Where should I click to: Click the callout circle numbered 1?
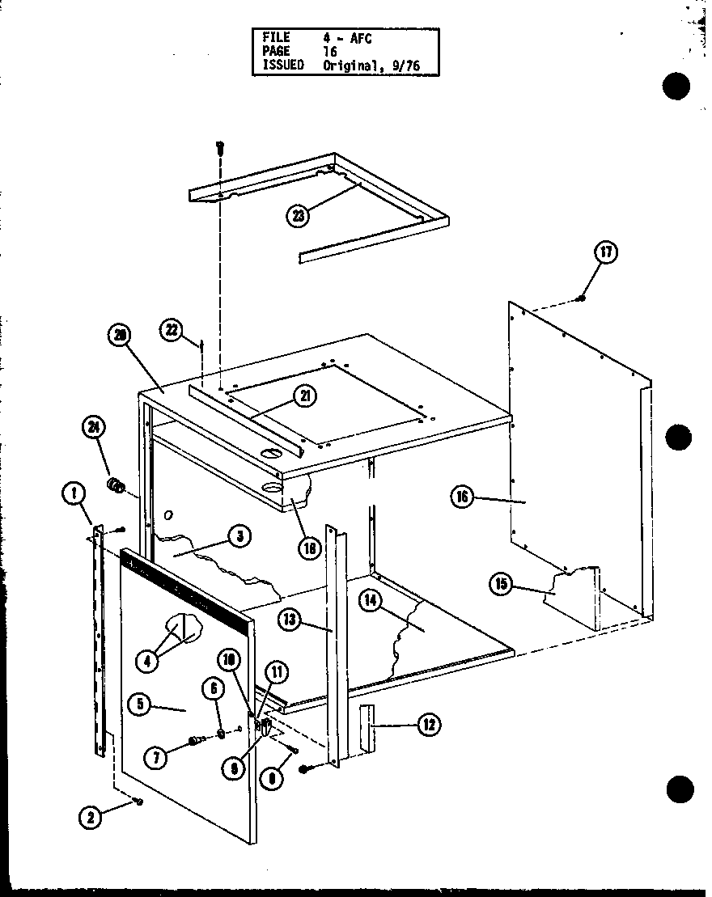(74, 493)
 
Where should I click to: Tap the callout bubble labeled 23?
(299, 215)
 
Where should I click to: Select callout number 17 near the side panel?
(606, 253)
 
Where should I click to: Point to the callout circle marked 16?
(462, 497)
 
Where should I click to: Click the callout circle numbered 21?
(306, 396)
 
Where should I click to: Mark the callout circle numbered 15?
(501, 584)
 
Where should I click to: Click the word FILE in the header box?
(275, 37)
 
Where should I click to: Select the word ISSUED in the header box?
(282, 66)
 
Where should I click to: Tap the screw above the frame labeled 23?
(219, 148)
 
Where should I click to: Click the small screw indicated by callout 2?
(139, 801)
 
